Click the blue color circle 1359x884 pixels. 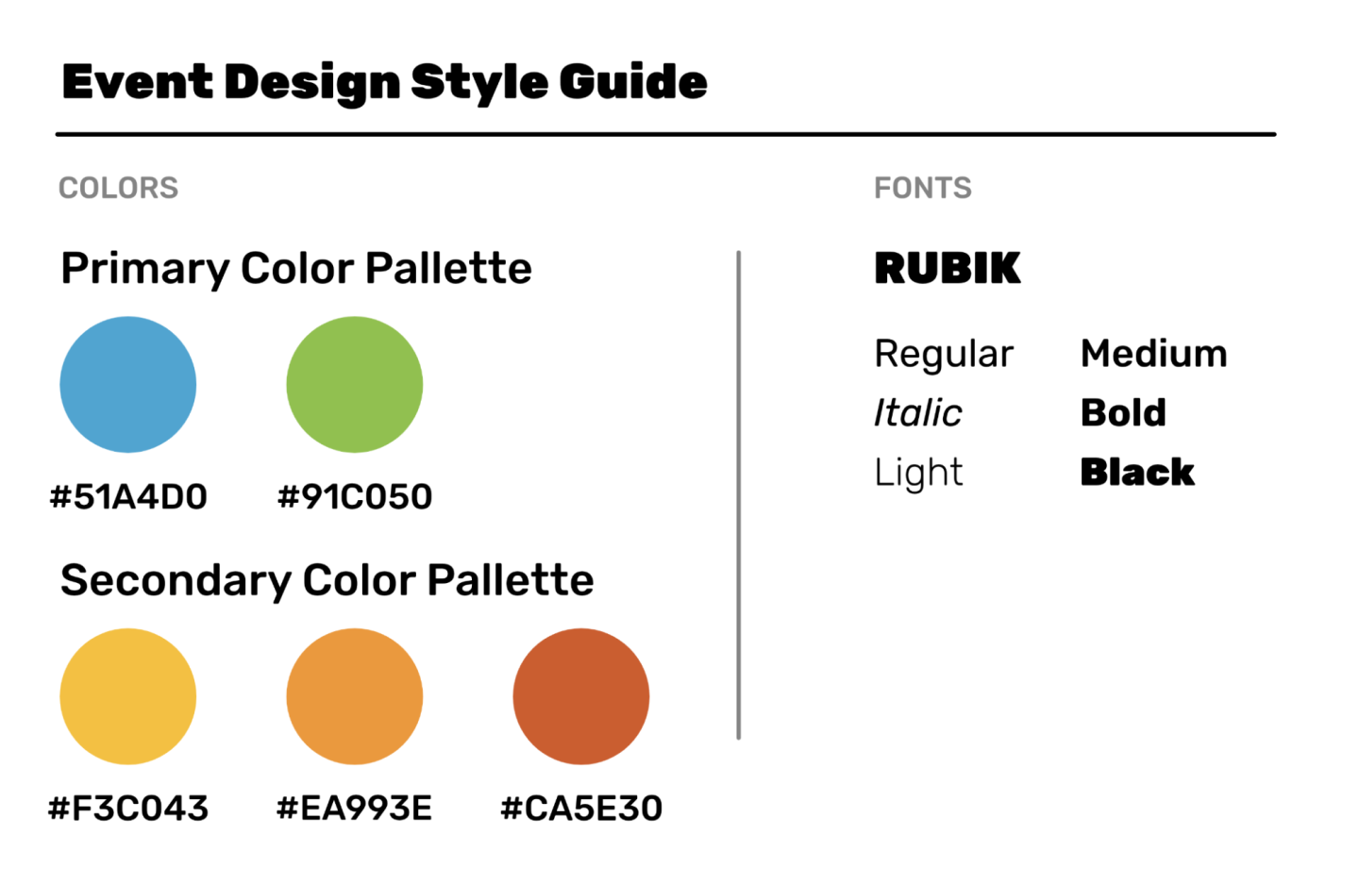[128, 384]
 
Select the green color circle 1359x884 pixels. [354, 384]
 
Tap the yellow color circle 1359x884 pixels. [128, 696]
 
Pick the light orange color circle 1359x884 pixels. [354, 696]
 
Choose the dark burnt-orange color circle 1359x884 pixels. [581, 696]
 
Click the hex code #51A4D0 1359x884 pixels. [128, 496]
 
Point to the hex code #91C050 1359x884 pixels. [355, 496]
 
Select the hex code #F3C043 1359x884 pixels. [128, 809]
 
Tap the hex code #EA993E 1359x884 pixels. [354, 809]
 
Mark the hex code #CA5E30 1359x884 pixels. [581, 809]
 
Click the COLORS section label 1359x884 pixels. [118, 188]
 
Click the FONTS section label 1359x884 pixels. [923, 188]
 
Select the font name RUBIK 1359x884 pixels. [948, 268]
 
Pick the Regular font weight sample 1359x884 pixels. [944, 354]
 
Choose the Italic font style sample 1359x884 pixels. [918, 413]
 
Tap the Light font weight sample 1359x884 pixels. [918, 473]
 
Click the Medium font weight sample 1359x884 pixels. [1154, 354]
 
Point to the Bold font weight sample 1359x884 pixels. [1124, 413]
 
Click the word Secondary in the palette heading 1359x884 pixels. [176, 581]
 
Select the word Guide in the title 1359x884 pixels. [633, 83]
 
